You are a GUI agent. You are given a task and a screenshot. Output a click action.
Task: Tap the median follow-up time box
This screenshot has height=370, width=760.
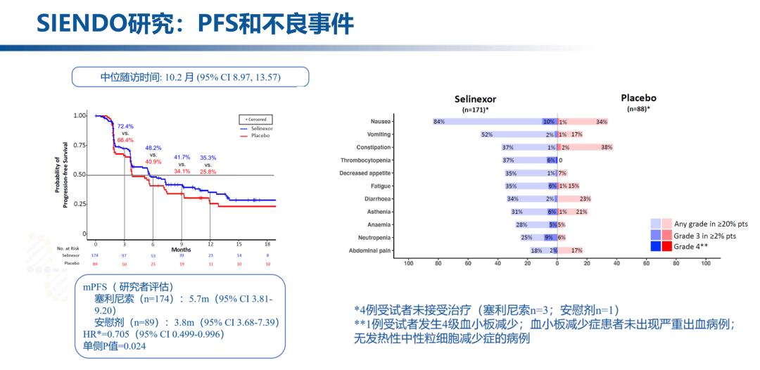point(190,77)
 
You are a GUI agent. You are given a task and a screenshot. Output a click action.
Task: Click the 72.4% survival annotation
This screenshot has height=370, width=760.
point(125,126)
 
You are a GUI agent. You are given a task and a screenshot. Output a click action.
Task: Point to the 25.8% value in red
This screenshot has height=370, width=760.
point(208,172)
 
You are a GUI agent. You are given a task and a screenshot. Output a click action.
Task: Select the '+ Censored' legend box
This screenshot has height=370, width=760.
point(256,120)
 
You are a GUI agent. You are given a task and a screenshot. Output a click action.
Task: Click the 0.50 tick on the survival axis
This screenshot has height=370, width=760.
point(80,174)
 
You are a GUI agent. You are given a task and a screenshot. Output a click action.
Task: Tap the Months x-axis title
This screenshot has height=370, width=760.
point(181,249)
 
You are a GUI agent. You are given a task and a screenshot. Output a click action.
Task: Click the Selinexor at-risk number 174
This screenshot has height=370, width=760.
point(96,255)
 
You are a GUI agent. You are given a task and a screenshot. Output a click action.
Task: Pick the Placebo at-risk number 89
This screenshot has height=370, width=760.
point(96,263)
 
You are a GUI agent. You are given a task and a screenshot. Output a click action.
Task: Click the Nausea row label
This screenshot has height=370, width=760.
point(381,122)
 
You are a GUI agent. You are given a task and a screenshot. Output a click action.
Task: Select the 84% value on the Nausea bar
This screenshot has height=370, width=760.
point(438,122)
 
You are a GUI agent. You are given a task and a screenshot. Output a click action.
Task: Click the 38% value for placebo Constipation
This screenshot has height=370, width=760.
point(607,148)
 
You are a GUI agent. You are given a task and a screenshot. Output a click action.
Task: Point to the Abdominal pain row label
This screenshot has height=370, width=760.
point(370,250)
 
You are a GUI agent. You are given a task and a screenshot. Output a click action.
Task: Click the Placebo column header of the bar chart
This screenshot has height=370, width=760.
point(638,98)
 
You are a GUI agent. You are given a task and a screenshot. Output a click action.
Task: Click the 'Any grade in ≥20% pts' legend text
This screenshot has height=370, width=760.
point(711,224)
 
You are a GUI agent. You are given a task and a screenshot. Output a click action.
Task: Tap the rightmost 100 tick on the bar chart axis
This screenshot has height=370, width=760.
point(706,264)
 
